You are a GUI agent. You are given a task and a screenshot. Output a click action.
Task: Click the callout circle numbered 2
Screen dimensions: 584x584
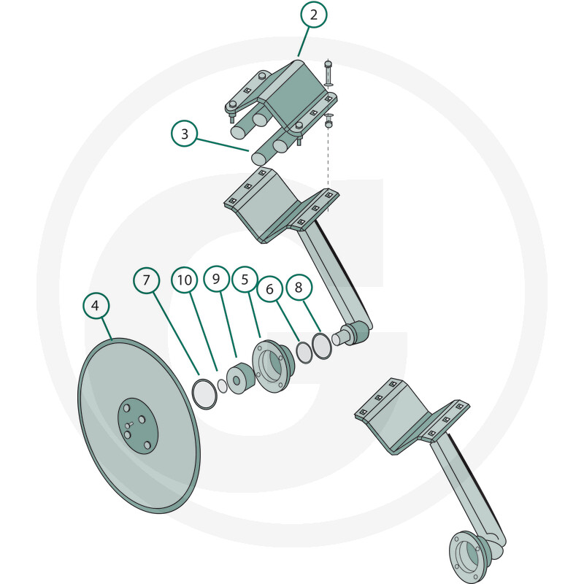(x=314, y=15)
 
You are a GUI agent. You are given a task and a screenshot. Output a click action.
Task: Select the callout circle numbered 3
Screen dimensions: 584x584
(x=185, y=134)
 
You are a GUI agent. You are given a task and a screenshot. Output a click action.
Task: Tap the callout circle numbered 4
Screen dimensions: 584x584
(x=96, y=305)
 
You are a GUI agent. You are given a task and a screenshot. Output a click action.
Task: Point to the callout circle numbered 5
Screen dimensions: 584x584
(x=245, y=280)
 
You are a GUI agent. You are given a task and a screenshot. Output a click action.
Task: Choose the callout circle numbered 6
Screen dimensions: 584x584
(x=270, y=289)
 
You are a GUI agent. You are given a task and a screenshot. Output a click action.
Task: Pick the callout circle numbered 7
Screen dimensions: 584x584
(x=147, y=280)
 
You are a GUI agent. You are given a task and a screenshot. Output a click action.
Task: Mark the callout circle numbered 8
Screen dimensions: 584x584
(x=299, y=287)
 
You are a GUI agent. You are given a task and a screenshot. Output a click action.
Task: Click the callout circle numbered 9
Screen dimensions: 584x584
(x=216, y=279)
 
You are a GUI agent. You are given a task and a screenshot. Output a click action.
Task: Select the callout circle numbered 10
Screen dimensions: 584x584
(x=185, y=280)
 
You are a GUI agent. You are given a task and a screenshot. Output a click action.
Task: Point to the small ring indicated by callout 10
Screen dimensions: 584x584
(x=223, y=386)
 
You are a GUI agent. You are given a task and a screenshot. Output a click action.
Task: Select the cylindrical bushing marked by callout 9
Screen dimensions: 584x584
(x=241, y=379)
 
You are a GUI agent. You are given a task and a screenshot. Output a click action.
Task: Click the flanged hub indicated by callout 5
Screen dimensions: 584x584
(x=273, y=366)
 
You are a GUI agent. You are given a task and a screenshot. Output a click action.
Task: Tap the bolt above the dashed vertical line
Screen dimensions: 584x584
(x=328, y=74)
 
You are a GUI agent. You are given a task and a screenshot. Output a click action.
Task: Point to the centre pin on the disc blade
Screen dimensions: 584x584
(x=130, y=425)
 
